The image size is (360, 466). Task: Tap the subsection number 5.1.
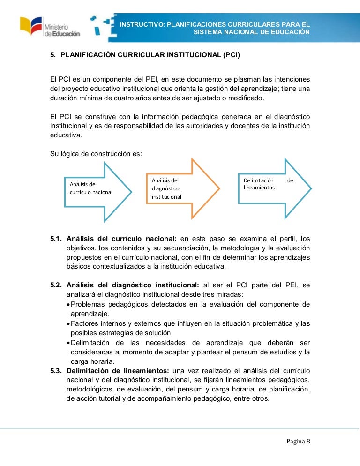pyautogui.click(x=56, y=239)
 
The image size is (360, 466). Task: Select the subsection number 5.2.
pyautogui.click(x=56, y=285)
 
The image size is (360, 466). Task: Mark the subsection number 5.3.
pyautogui.click(x=56, y=370)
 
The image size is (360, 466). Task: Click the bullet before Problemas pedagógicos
pyautogui.click(x=68, y=304)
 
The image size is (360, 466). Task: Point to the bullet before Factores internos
pyautogui.click(x=68, y=323)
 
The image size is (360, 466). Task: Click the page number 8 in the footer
pyautogui.click(x=308, y=442)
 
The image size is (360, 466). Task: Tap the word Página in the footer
pyautogui.click(x=295, y=442)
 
